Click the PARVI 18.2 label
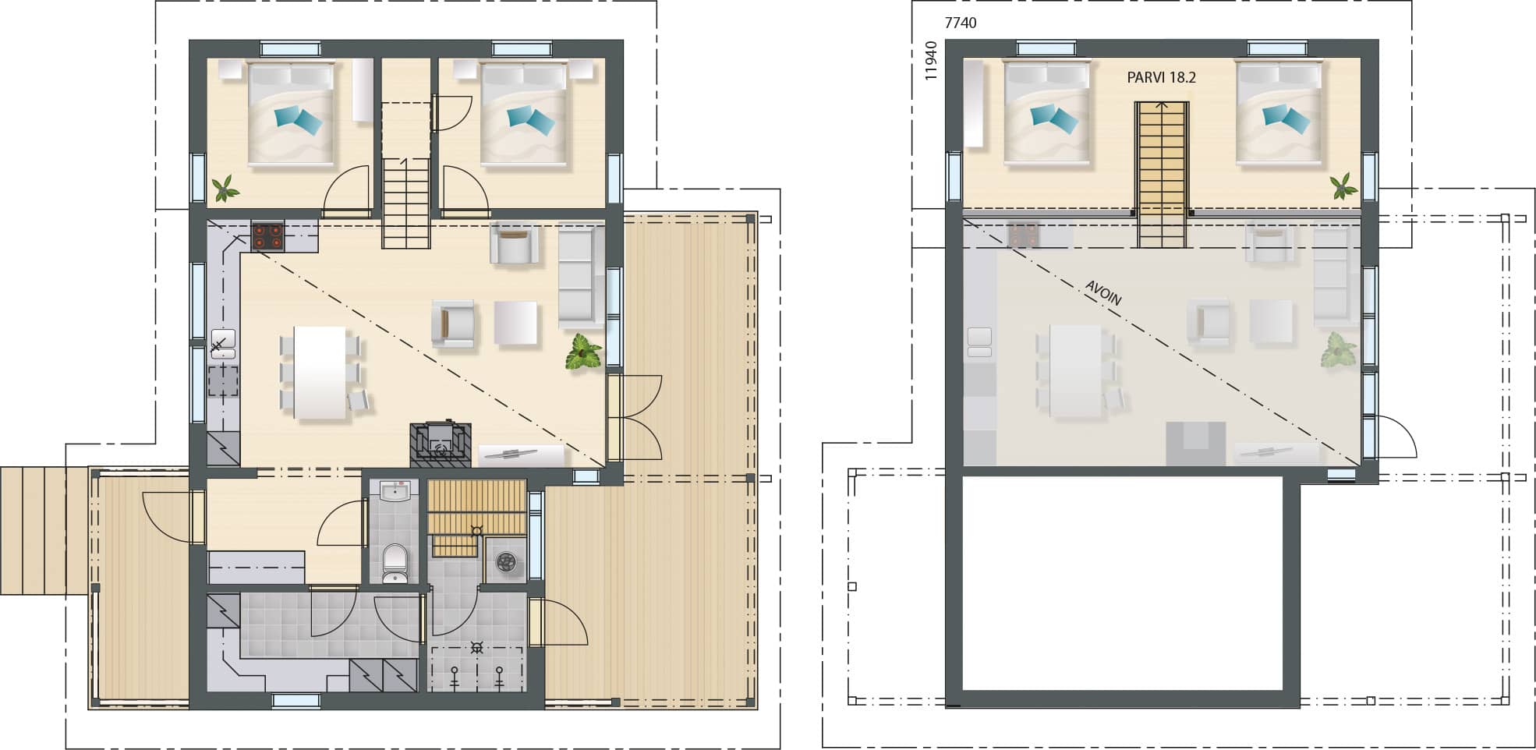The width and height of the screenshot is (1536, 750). (x=1161, y=78)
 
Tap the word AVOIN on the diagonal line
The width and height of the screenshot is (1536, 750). (x=1103, y=293)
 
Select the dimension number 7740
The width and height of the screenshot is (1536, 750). (x=960, y=23)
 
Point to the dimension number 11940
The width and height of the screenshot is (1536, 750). (x=929, y=61)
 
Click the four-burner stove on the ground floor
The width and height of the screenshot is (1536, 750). (x=267, y=236)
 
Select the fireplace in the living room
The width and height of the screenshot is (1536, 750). (x=441, y=445)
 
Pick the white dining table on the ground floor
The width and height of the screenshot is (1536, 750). (x=320, y=372)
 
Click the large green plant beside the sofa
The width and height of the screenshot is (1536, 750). (x=583, y=352)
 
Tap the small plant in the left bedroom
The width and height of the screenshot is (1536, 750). (x=226, y=188)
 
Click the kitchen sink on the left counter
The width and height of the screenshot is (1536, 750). (x=223, y=344)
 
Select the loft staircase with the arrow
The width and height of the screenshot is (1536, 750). (x=1162, y=175)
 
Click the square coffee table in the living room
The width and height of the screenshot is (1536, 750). (x=515, y=323)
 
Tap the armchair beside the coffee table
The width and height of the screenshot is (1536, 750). (x=453, y=324)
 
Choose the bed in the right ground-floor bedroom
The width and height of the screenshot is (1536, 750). (x=523, y=115)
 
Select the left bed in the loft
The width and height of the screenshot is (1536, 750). (x=1046, y=114)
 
